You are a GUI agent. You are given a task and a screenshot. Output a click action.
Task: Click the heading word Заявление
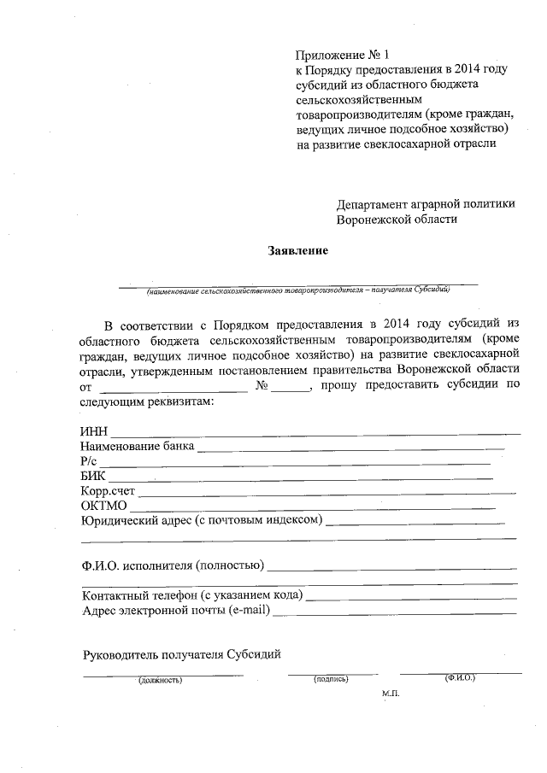(298, 251)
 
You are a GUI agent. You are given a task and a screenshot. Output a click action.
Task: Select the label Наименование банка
(137, 446)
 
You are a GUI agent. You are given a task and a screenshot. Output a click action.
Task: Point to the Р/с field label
(90, 461)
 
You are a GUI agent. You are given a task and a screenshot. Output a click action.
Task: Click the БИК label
(93, 476)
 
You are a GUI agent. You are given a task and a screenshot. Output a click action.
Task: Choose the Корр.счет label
(108, 491)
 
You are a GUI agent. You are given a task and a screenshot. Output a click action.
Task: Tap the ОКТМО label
(103, 507)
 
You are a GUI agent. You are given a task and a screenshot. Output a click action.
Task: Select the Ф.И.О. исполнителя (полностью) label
(172, 565)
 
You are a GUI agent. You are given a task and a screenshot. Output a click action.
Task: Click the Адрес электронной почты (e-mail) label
(175, 611)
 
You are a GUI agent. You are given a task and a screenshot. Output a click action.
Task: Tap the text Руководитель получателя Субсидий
(181, 655)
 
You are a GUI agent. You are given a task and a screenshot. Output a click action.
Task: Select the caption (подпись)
(332, 679)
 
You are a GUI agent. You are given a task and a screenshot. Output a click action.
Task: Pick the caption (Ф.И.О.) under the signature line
(459, 677)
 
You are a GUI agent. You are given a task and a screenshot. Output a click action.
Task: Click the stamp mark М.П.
(391, 694)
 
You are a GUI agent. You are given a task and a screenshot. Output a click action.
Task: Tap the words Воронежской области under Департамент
(397, 219)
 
